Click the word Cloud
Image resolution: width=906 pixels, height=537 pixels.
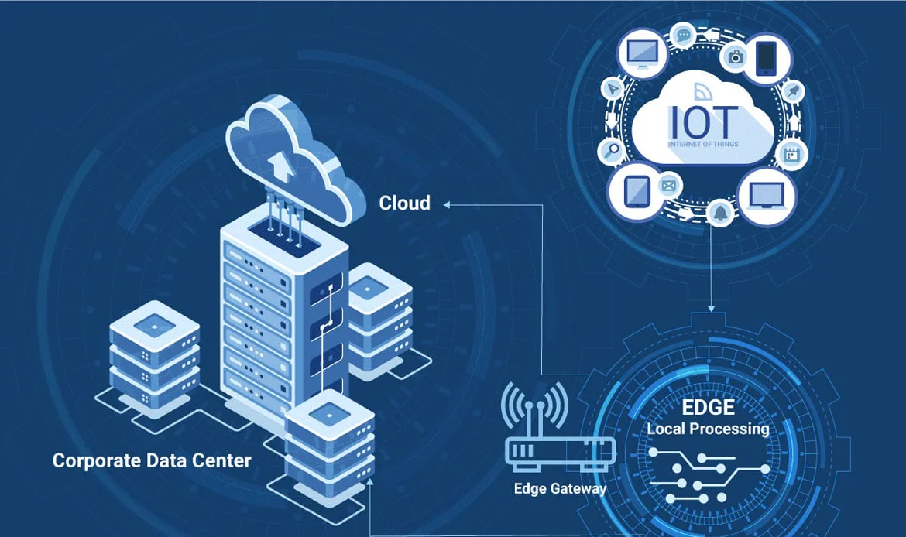click(x=404, y=204)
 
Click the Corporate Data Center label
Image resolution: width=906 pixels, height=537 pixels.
click(x=152, y=461)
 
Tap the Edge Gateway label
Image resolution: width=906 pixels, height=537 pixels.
click(x=560, y=489)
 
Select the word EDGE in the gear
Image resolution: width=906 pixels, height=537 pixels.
click(x=708, y=408)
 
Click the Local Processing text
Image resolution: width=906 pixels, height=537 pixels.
click(x=708, y=429)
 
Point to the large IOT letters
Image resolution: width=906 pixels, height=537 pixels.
click(x=702, y=119)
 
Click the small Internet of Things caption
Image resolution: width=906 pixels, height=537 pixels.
click(x=702, y=144)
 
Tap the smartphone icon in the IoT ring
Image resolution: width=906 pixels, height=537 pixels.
click(x=765, y=56)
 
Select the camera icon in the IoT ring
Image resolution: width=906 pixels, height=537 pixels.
click(x=735, y=56)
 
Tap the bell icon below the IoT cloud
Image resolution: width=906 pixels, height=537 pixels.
click(x=719, y=213)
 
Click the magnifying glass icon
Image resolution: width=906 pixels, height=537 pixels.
click(x=612, y=150)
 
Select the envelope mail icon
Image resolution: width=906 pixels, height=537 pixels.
click(x=668, y=186)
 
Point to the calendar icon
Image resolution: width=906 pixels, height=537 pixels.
click(x=791, y=153)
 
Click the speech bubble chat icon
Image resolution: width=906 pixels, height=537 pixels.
click(x=683, y=34)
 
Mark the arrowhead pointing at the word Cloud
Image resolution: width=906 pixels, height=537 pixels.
click(x=448, y=204)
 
